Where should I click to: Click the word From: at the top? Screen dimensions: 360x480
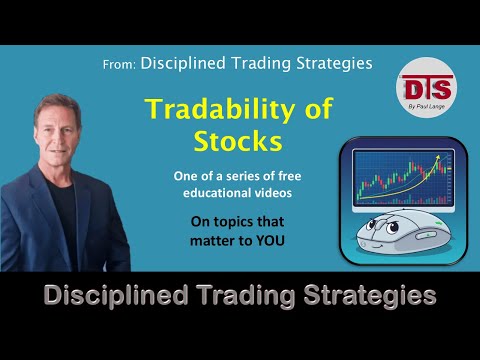[119, 64]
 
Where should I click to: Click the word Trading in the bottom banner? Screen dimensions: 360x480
[240, 296]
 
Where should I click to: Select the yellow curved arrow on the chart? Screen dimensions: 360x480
[400, 180]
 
